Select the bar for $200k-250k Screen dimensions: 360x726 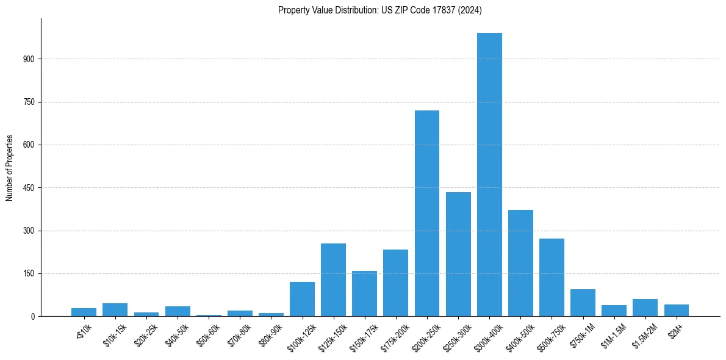tap(427, 214)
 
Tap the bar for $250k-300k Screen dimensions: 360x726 tap(458, 254)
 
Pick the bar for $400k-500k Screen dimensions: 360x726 tap(520, 263)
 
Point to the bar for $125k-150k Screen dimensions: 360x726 tap(334, 280)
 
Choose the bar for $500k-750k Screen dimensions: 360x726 tap(552, 278)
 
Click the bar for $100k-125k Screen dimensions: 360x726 tap(303, 299)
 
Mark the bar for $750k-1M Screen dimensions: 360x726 tap(583, 303)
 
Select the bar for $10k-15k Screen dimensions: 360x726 tap(115, 310)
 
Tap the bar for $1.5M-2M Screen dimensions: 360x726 tap(645, 308)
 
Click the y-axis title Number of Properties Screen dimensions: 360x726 tap(9, 168)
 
